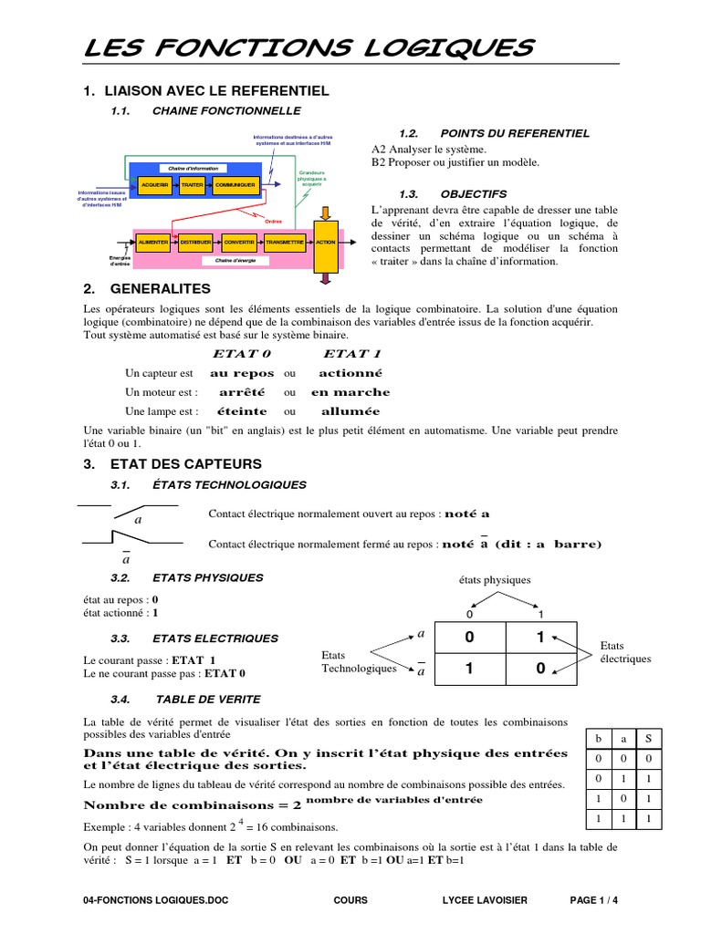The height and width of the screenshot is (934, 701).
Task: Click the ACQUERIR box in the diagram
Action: point(155,185)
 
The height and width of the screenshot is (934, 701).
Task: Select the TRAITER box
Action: point(193,185)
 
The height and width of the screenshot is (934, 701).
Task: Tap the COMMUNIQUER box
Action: point(235,185)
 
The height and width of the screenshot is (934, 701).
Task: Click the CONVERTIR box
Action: point(239,243)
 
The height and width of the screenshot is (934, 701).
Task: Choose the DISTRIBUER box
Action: point(196,243)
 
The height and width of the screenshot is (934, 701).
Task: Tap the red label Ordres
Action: point(274,222)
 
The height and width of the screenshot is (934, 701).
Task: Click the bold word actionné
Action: point(350,373)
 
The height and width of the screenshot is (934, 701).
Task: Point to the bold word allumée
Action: point(350,411)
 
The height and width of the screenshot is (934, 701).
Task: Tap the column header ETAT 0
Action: point(242,354)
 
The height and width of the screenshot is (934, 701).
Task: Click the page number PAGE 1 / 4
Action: point(593,900)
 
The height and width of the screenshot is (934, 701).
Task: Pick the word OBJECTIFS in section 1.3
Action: point(473,193)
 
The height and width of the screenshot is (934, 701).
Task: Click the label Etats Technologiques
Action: point(359,661)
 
